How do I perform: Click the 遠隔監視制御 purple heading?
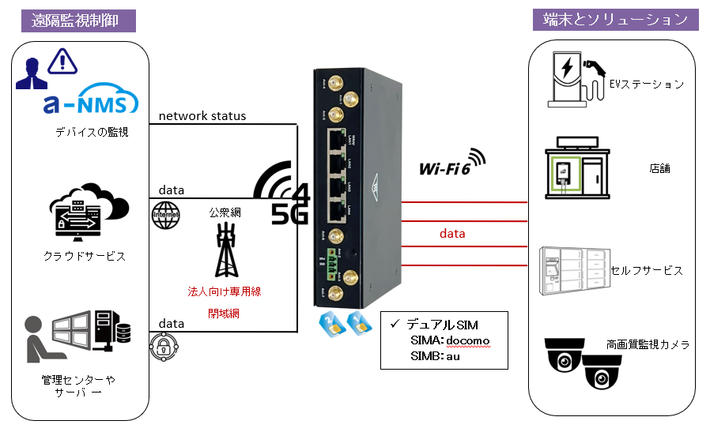point(79,21)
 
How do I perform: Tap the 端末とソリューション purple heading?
point(615,20)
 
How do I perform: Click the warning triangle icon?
point(61,61)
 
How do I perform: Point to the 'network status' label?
point(202,116)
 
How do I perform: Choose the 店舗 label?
point(659,169)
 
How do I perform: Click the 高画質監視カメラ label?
point(648,344)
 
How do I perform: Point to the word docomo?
point(468,340)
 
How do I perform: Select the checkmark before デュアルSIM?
point(394,324)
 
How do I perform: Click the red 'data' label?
point(452,234)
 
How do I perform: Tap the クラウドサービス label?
point(85,256)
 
